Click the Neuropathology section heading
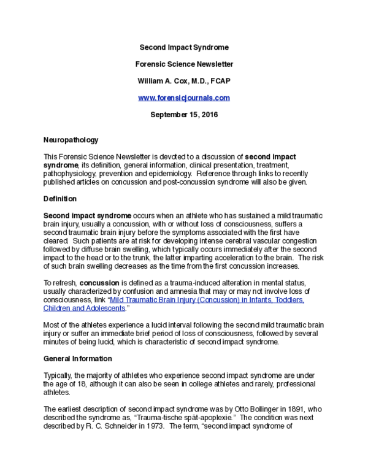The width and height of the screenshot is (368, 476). tap(71, 140)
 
